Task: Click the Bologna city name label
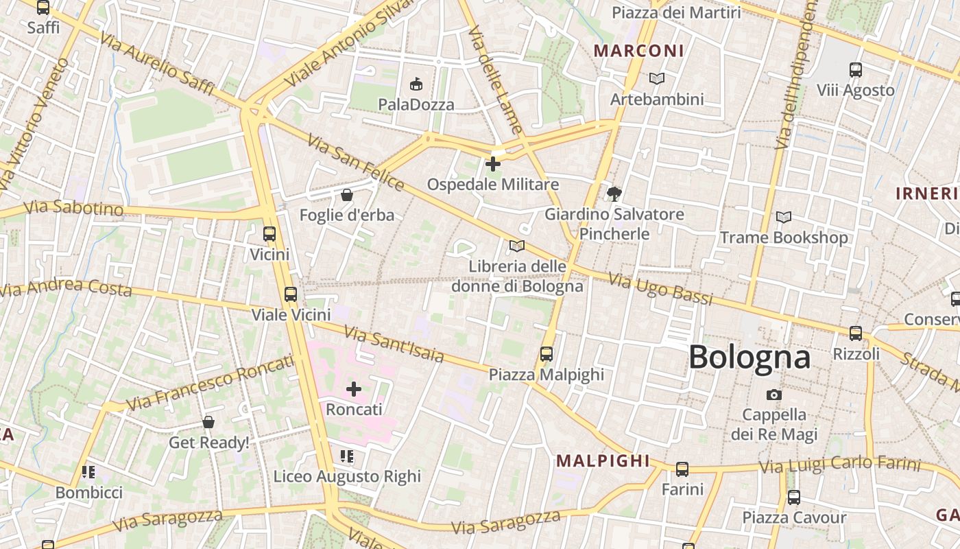point(749,358)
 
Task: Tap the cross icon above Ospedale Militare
point(492,164)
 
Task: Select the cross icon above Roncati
point(353,390)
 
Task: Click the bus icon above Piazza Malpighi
point(546,354)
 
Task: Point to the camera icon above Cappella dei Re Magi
point(773,395)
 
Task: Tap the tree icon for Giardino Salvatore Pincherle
point(614,194)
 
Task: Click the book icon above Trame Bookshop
point(783,218)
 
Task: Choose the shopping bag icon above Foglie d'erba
point(347,196)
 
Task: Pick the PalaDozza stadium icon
point(415,84)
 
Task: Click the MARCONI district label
point(638,51)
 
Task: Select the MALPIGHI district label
point(602,460)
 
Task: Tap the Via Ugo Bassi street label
point(660,289)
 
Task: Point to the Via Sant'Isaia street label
point(394,344)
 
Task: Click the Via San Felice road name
point(355,162)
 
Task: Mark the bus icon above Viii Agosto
point(855,70)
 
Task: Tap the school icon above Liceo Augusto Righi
point(346,456)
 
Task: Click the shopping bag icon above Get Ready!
point(208,422)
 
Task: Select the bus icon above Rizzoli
point(855,334)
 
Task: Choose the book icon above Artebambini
point(656,79)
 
